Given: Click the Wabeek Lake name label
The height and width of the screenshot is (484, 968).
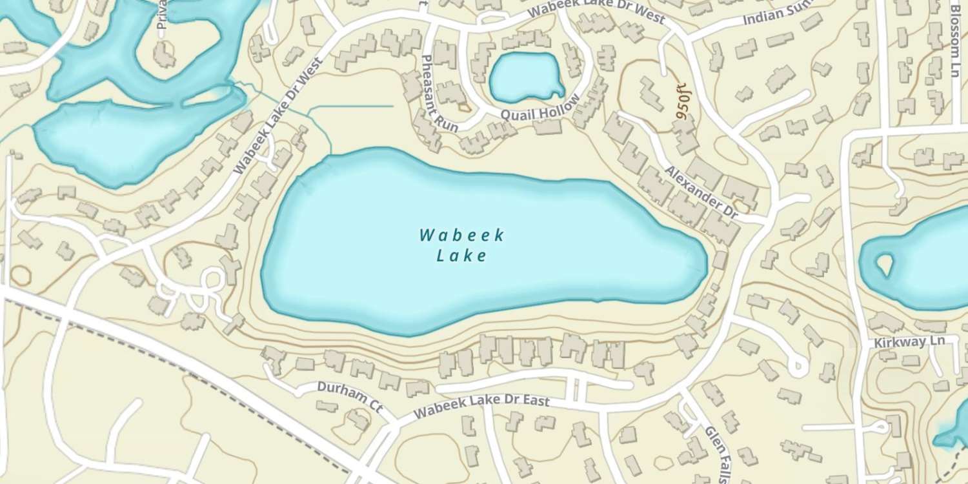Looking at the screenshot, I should point(461,245).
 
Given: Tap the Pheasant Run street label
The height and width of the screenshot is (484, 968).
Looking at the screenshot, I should point(439,94).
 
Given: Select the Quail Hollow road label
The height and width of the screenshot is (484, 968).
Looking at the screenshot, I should point(540,109).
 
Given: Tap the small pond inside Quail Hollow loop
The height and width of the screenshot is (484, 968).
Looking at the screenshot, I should point(524,77).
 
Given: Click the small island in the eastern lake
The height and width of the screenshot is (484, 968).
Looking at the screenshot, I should point(884,263).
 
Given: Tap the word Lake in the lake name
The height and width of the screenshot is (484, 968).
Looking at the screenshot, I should point(461,256).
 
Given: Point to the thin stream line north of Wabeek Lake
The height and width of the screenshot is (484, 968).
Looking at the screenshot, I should point(352,106).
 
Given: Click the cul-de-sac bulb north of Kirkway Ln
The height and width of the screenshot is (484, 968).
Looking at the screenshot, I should point(798,368).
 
